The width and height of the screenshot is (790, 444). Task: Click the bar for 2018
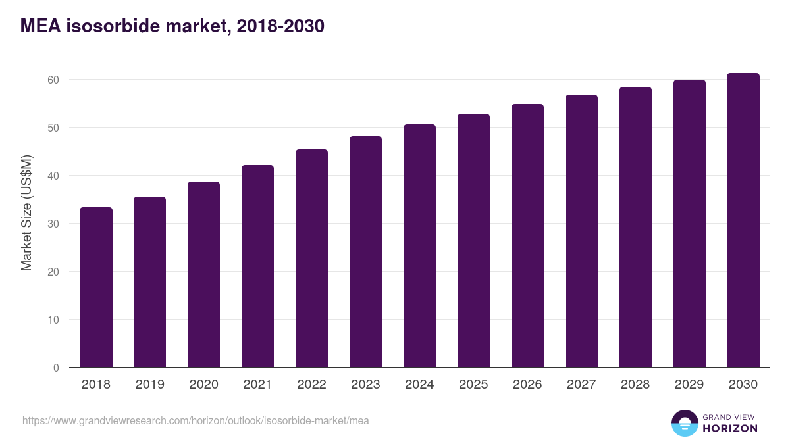[96, 287]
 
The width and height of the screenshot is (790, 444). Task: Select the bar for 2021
[258, 266]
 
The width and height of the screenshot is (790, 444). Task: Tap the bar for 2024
[419, 246]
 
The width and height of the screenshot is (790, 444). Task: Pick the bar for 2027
[581, 231]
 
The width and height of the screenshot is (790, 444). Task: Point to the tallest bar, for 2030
[743, 220]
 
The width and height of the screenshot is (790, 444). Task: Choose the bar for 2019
[150, 282]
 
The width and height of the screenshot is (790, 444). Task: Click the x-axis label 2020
[204, 385]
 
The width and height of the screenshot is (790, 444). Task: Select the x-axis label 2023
[365, 385]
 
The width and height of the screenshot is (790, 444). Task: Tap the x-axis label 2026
[527, 385]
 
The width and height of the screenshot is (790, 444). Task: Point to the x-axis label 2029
[689, 385]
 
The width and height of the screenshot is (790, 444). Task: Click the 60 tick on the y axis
[53, 80]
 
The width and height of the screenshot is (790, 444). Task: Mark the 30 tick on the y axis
[53, 224]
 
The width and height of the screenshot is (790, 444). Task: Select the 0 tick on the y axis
[56, 368]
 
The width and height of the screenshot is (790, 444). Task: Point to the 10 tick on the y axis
[53, 320]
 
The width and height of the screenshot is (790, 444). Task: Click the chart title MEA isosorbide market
[172, 26]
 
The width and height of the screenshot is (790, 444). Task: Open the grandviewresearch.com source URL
[196, 420]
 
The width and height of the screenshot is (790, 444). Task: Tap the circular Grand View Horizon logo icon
[685, 423]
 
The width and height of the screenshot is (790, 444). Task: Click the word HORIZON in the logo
[731, 428]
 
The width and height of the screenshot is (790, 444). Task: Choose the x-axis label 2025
[473, 385]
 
